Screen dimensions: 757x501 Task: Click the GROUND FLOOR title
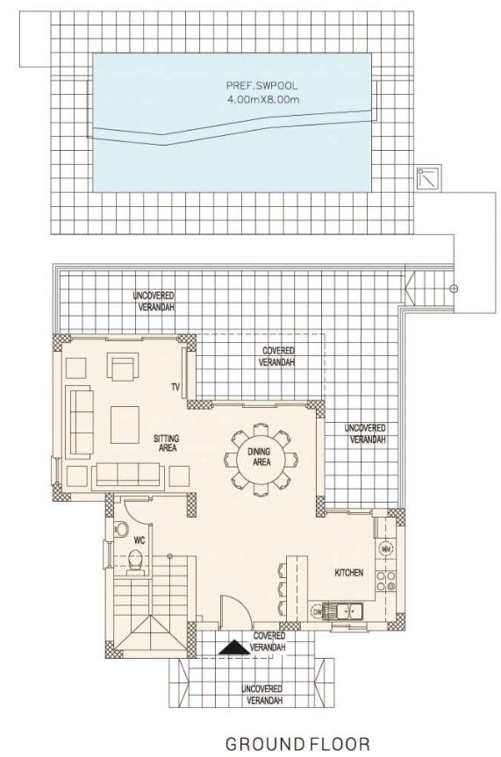click(x=297, y=744)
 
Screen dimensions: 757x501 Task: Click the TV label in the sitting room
click(x=175, y=387)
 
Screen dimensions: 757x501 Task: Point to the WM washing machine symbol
click(x=384, y=549)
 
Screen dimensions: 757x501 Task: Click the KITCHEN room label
click(x=348, y=573)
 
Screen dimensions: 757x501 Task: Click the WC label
click(x=139, y=541)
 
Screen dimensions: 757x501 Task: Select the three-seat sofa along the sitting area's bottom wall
click(x=128, y=475)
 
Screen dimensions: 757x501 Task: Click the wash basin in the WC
click(x=120, y=529)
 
